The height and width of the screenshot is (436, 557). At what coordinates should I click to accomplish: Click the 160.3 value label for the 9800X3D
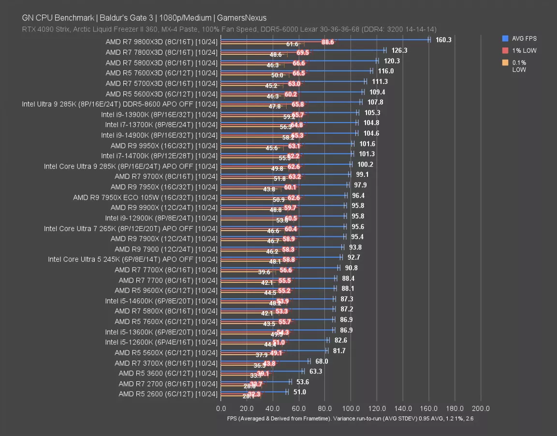click(443, 40)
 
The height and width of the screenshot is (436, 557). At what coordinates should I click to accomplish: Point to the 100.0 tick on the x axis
click(351, 408)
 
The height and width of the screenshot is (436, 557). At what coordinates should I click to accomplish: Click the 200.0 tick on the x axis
click(481, 408)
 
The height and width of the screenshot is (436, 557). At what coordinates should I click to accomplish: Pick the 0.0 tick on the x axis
click(221, 408)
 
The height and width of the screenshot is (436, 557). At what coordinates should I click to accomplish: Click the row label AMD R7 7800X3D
click(161, 52)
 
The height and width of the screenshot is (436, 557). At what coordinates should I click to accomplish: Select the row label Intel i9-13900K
click(160, 114)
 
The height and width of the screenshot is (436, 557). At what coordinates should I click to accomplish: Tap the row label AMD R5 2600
click(168, 394)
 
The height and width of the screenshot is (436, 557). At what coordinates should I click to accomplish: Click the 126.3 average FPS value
click(399, 50)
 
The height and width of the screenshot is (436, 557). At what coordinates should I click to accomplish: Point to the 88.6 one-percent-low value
click(328, 43)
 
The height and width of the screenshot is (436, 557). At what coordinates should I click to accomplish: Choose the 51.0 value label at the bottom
click(300, 392)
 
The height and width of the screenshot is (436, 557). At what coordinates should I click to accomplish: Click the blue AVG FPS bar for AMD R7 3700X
click(265, 361)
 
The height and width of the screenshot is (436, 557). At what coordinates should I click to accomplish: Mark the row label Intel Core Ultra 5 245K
click(133, 259)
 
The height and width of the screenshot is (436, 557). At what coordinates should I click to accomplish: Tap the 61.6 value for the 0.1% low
click(292, 45)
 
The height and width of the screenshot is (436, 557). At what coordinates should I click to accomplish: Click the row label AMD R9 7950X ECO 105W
click(146, 197)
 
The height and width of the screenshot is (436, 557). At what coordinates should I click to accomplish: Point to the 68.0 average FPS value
click(322, 361)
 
